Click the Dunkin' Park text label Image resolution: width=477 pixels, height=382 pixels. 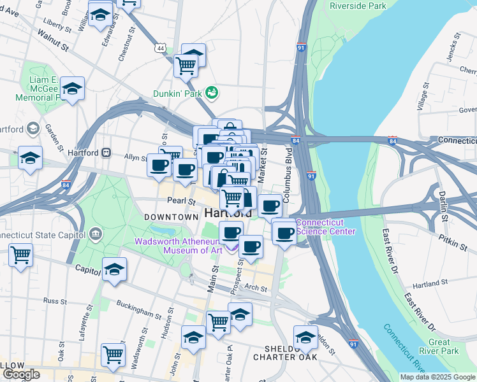(177, 93)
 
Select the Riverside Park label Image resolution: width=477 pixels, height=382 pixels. (358, 6)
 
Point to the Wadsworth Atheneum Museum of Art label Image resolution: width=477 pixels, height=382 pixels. (178, 245)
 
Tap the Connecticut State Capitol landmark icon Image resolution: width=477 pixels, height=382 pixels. (96, 234)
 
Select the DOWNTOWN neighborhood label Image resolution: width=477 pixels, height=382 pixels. (171, 217)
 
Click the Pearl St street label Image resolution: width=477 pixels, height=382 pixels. (182, 201)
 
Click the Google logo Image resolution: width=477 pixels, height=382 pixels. (21, 374)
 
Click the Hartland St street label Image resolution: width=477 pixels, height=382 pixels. (427, 282)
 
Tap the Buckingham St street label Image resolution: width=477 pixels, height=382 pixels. (139, 311)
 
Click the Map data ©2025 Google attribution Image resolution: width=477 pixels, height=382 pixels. (437, 377)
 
